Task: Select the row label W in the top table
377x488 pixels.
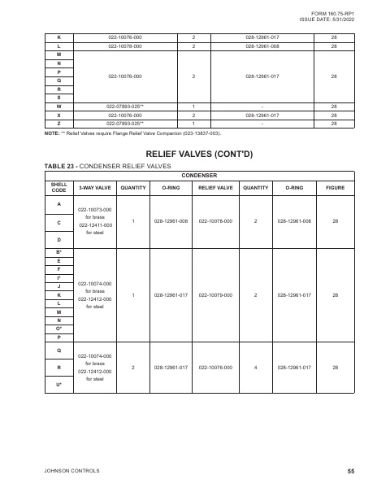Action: [x=58, y=107]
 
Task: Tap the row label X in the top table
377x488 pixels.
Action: [x=58, y=115]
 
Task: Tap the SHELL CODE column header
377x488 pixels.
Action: [x=58, y=187]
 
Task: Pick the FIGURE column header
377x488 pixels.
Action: [x=335, y=187]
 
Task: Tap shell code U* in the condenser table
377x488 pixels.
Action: [x=58, y=383]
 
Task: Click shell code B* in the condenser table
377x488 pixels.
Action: [x=58, y=254]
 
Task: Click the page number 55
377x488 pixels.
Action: [x=350, y=471]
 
